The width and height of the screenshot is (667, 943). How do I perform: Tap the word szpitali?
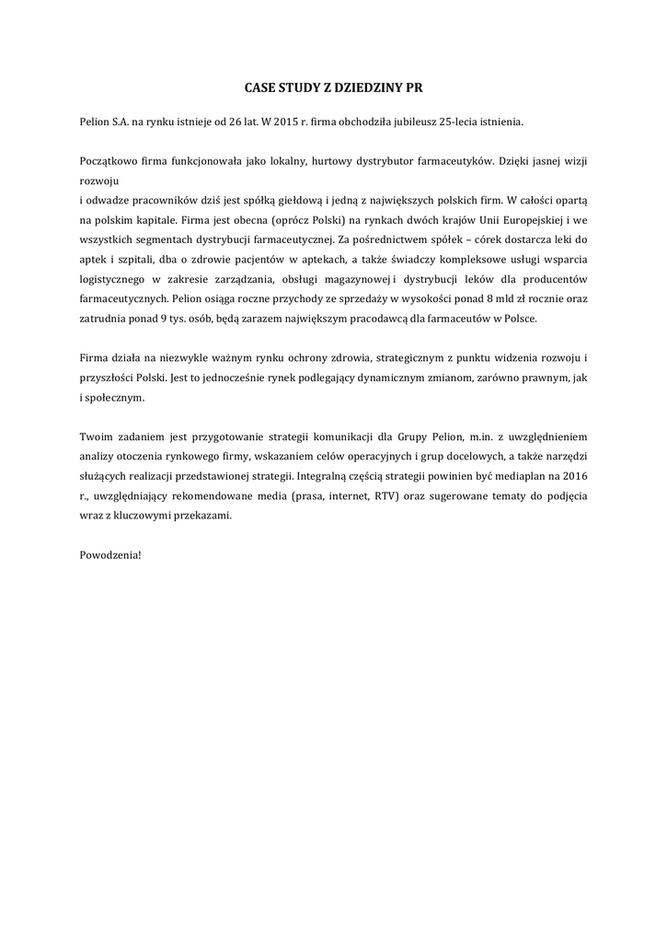[136, 259]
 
